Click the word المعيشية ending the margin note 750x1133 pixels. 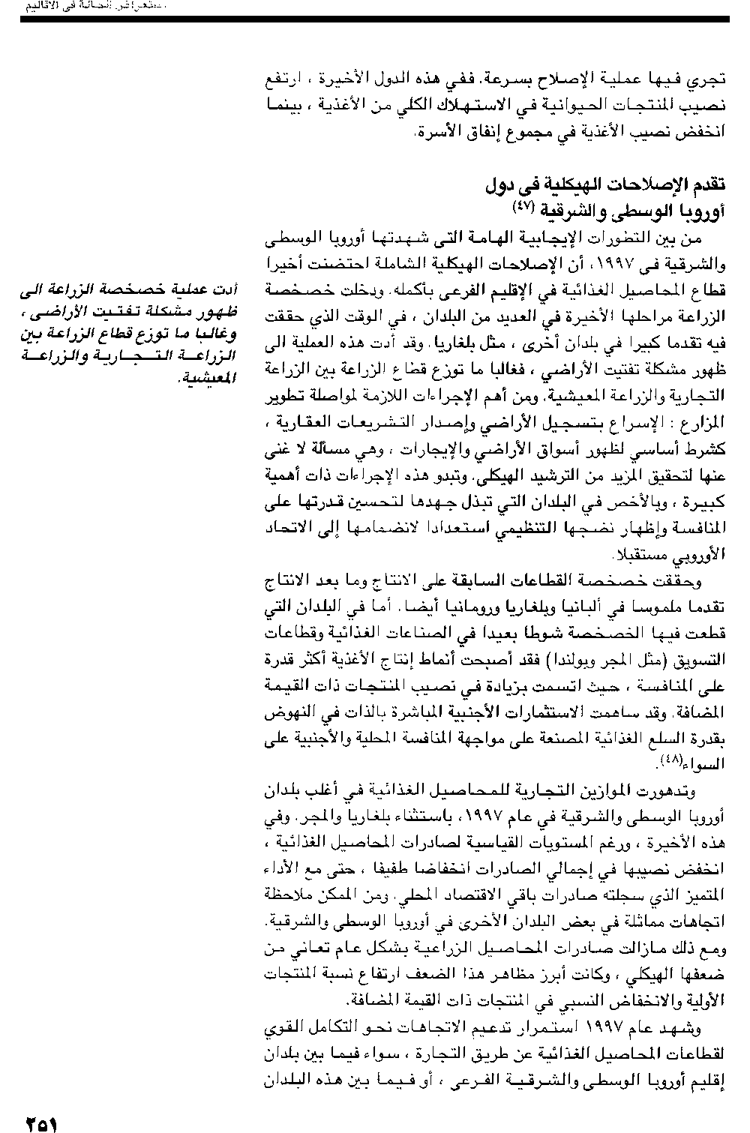(x=208, y=377)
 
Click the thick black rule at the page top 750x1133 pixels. (x=375, y=18)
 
